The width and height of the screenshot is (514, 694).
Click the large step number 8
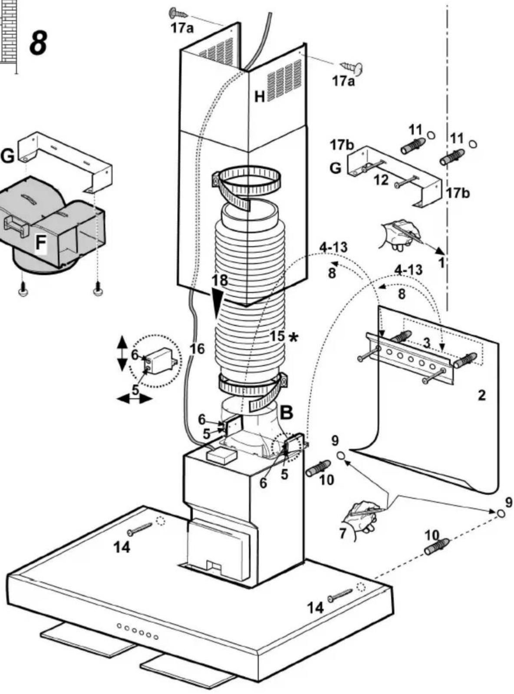(39, 43)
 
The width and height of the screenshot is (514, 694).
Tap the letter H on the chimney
(260, 97)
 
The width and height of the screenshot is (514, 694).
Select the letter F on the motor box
(40, 243)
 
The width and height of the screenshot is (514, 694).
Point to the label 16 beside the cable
(197, 349)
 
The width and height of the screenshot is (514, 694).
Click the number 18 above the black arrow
(220, 280)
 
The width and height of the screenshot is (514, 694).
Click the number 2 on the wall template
(482, 396)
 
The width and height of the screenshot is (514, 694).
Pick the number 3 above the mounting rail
(426, 343)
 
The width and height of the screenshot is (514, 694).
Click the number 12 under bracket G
(381, 180)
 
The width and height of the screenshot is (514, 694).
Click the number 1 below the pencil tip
(441, 262)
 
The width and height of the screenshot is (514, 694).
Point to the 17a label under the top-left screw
(182, 29)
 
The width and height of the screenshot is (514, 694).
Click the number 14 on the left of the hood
(122, 547)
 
